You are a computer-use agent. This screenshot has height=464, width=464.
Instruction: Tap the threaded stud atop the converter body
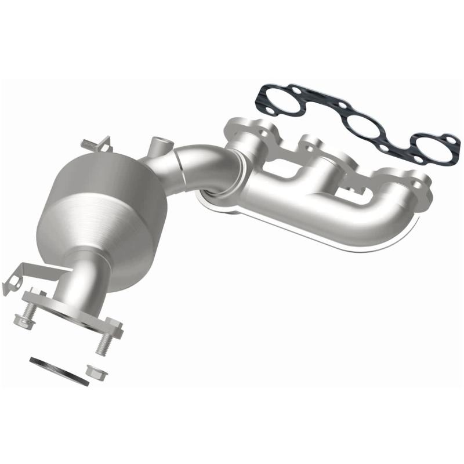tap(92, 143)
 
